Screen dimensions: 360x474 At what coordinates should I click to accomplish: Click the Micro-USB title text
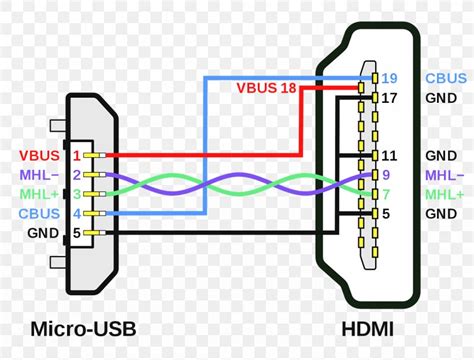pos(83,328)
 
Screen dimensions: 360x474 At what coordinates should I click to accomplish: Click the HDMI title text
pos(367,328)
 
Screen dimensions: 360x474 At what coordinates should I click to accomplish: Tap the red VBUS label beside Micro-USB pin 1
pos(39,156)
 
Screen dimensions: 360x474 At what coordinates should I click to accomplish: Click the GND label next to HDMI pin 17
pos(441,98)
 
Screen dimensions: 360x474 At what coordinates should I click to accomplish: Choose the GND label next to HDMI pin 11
pos(441,156)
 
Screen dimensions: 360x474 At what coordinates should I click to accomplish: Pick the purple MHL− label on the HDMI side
pos(443,175)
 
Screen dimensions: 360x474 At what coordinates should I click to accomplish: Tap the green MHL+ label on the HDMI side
pos(443,194)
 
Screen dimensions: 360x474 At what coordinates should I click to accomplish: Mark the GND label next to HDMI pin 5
pos(441,214)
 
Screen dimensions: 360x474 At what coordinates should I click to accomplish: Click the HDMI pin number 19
pos(390,77)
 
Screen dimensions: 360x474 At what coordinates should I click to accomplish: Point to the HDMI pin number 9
pos(386,175)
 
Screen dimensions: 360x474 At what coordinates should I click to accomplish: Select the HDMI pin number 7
pos(386,194)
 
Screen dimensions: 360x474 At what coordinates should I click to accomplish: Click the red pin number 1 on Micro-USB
pos(75,156)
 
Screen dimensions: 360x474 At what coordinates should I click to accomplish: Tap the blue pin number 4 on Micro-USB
pos(75,213)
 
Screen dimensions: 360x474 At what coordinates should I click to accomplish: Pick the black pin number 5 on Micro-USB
pos(75,233)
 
